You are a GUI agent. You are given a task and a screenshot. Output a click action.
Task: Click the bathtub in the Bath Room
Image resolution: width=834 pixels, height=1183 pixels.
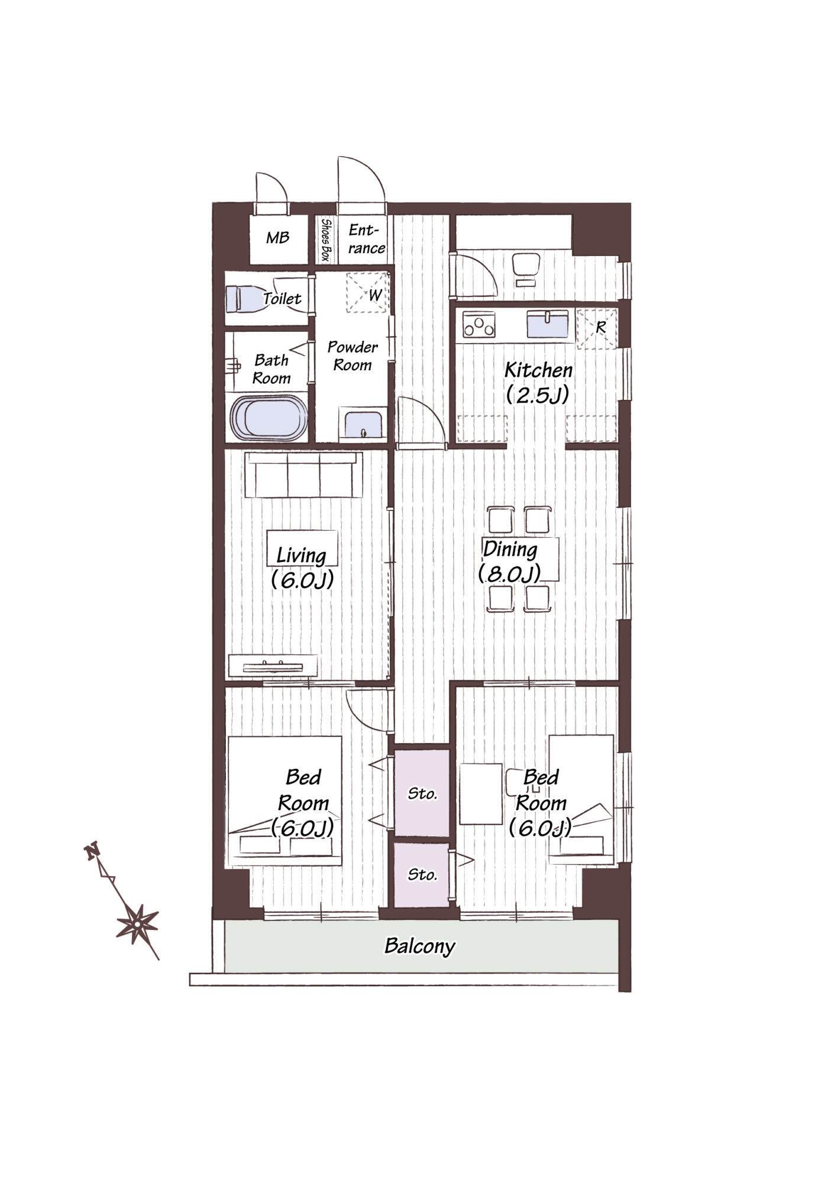[x=269, y=418]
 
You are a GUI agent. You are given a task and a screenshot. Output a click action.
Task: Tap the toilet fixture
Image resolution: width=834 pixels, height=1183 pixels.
[x=244, y=299]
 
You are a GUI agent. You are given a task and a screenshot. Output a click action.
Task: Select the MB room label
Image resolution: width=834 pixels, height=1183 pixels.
[x=277, y=238]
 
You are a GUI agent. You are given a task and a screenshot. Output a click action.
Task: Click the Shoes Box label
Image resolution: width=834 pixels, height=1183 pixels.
[x=325, y=240]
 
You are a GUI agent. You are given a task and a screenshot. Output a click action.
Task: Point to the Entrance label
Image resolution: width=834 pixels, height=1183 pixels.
[x=366, y=239]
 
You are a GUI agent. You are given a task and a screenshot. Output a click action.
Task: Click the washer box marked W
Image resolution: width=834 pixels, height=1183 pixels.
[x=367, y=292]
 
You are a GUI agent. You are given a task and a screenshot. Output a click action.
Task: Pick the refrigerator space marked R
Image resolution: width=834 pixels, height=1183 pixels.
[x=597, y=328]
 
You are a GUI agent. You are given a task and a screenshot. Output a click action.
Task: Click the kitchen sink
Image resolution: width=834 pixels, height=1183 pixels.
[x=548, y=325]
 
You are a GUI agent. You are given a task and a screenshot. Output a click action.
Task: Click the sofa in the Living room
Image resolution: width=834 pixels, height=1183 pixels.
[x=303, y=475]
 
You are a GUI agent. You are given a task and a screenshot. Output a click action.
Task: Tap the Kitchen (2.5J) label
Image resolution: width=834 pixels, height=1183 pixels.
[x=538, y=382]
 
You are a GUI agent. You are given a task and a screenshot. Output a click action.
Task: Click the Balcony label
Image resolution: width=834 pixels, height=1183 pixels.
[x=419, y=946]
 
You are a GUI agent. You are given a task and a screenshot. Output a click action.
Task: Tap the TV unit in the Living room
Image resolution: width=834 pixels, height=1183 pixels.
[x=273, y=666]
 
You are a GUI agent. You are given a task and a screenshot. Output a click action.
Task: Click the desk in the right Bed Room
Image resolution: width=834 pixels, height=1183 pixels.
[x=481, y=794]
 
